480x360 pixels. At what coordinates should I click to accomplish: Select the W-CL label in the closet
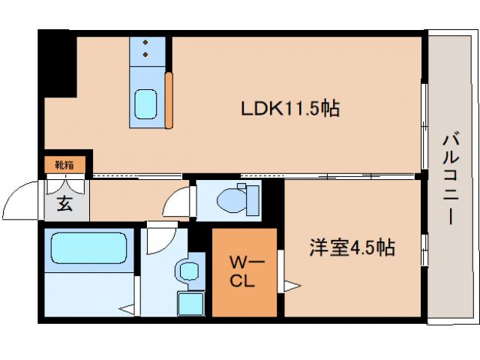[x=244, y=271]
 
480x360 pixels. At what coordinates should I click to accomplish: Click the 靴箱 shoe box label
[x=64, y=163]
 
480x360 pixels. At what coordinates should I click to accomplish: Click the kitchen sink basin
[x=145, y=104]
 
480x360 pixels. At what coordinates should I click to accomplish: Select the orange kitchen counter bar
[x=169, y=100]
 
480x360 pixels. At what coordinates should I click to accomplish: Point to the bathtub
[x=88, y=247]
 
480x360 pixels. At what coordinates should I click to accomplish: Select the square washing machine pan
[x=190, y=304]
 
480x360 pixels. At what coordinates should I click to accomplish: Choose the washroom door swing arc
[x=158, y=238]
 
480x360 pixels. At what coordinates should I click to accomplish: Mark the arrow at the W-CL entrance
[x=289, y=286]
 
